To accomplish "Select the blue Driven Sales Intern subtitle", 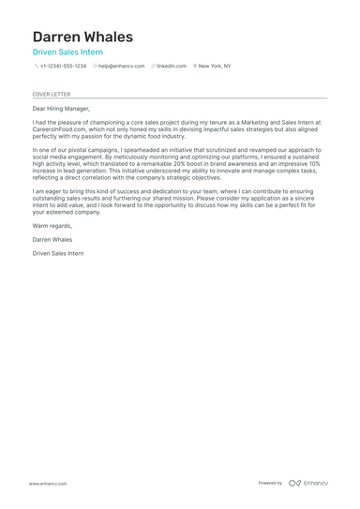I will tap(67, 52).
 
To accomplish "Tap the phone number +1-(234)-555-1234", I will tap(63, 67).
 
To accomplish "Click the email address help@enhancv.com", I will tap(122, 67).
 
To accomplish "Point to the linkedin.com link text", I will tap(172, 67).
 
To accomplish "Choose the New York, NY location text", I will tap(215, 67).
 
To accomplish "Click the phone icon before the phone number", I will tap(37, 67).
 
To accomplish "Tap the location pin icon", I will tap(195, 67).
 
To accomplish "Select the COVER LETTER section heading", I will tap(52, 94).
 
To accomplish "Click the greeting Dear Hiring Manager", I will tap(61, 109).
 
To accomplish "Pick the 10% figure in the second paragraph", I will tap(314, 163).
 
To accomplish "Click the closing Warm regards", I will tap(52, 226).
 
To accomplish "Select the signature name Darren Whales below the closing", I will tap(52, 240).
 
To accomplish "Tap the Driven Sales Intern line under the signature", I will tap(57, 253).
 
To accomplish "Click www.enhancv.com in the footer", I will tap(48, 484).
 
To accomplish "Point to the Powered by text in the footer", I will tap(270, 483).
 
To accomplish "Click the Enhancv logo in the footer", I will tap(308, 483).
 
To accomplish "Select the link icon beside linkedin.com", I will tap(153, 67).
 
